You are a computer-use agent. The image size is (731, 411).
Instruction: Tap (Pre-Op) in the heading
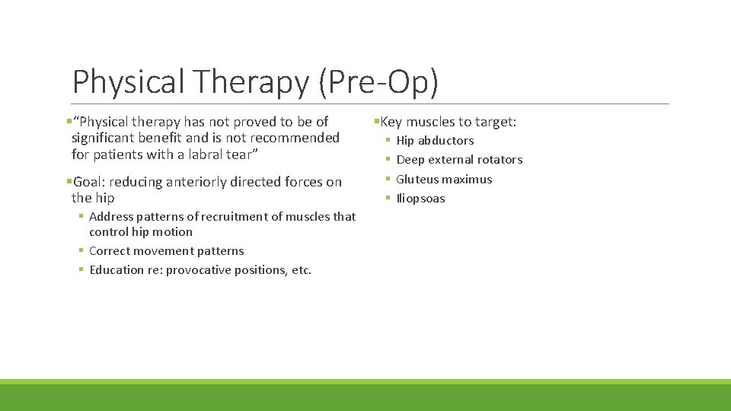pos(378,82)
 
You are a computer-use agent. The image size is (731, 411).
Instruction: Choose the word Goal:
pos(89,182)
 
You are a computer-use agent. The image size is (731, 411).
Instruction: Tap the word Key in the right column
pos(391,122)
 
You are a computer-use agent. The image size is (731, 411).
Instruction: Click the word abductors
pos(445,141)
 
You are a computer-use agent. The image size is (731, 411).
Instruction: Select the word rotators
pos(499,160)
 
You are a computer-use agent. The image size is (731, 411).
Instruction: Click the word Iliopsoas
pos(420,199)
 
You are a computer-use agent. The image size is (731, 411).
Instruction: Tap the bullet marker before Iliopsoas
pos(388,199)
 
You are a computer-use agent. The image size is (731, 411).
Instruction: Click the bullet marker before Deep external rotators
pos(388,160)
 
